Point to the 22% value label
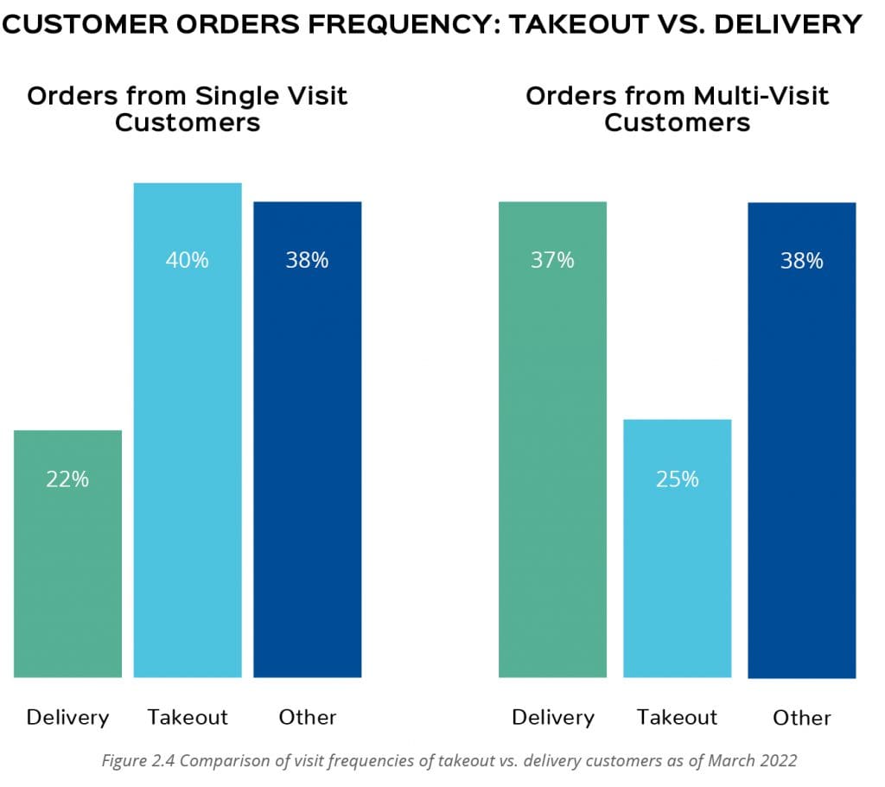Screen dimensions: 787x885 coord(67,479)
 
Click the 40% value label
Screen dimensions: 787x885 coord(188,260)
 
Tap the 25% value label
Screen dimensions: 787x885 coord(677,479)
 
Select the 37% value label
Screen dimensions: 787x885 coord(552,260)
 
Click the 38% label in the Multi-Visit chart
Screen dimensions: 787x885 coord(801,261)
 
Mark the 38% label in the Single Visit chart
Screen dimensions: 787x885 coord(307,260)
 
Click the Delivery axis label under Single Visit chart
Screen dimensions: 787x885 coord(67,717)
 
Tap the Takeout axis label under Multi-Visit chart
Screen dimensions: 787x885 coord(677,717)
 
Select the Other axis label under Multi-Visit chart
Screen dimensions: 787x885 coord(802,718)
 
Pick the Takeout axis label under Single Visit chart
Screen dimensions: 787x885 coord(188,717)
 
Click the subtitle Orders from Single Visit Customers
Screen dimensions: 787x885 coord(188,108)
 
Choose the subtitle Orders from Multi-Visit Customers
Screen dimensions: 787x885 coord(677,108)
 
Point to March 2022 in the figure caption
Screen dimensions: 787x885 coord(758,761)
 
